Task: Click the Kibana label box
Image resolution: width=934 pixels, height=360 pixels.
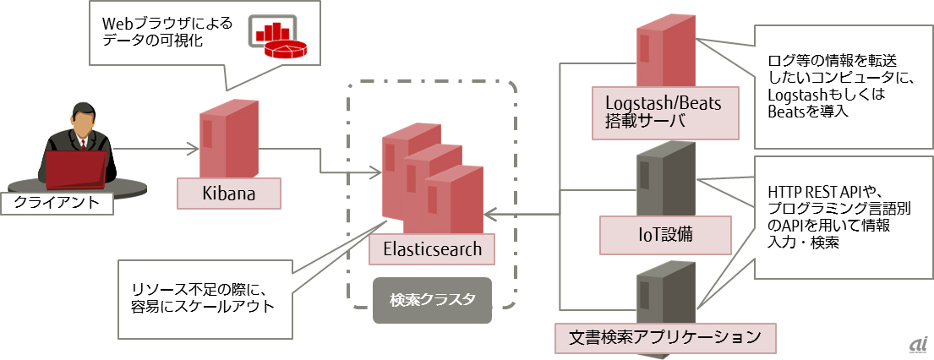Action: coord(228,194)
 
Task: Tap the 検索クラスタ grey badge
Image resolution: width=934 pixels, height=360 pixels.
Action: coord(432,300)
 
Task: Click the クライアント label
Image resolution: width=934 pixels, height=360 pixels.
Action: coord(57,203)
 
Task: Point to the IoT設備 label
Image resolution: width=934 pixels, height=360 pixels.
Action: coord(666,234)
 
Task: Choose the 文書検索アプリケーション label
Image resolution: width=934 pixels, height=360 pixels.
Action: coord(665,337)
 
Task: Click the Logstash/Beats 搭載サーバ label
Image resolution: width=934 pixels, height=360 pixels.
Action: coord(667,112)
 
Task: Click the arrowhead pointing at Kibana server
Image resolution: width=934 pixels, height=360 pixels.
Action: coord(194,150)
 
